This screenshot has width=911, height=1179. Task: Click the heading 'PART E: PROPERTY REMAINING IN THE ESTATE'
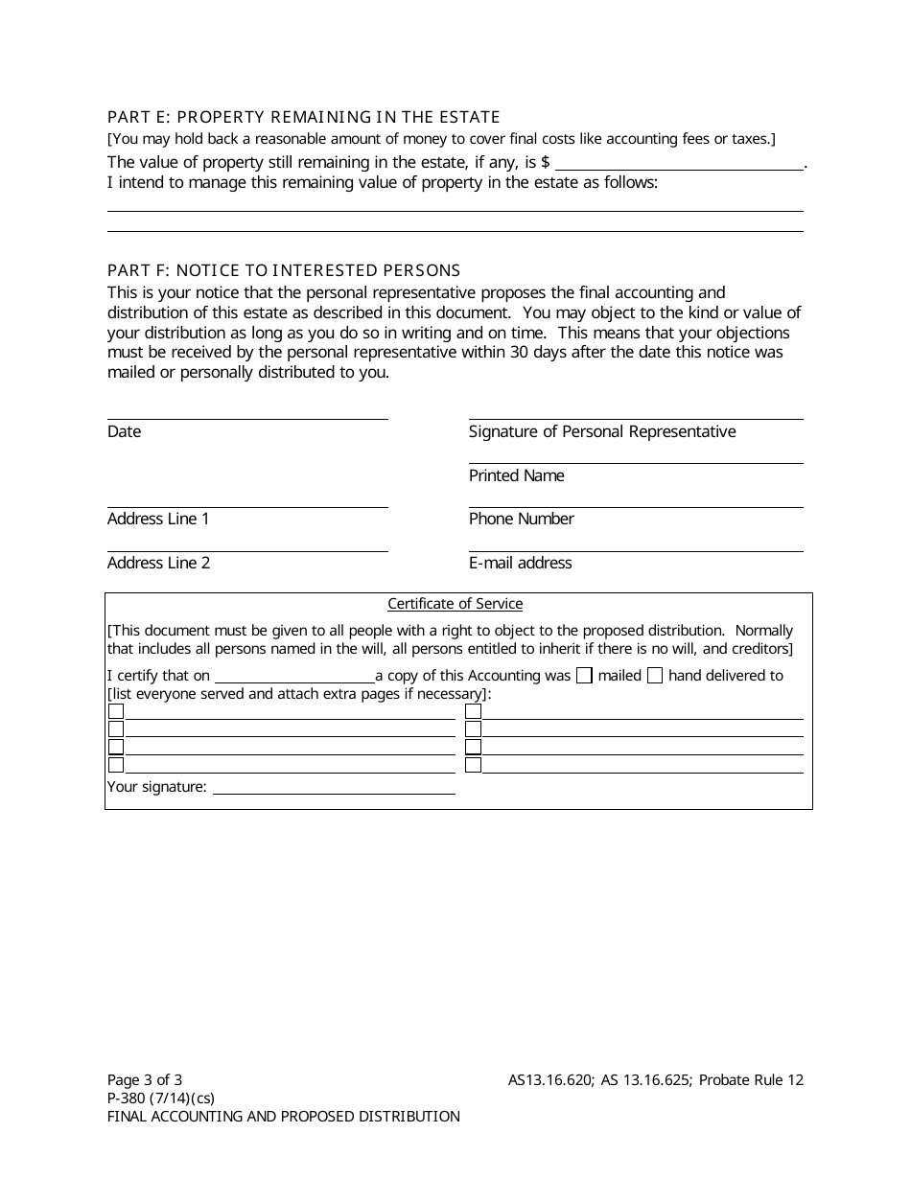[x=303, y=118]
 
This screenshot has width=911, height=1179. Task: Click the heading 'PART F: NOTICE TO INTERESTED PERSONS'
[x=284, y=270]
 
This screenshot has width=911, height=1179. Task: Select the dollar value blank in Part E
[x=679, y=162]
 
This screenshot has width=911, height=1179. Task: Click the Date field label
[x=124, y=432]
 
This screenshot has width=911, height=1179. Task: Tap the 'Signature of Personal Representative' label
[x=602, y=432]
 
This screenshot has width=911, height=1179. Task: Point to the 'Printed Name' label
[x=516, y=476]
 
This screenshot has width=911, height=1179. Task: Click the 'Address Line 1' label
[x=158, y=520]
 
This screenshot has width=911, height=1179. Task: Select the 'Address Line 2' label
[x=158, y=564]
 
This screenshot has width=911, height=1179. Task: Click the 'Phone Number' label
[x=521, y=520]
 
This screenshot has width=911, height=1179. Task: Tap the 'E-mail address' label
[x=520, y=564]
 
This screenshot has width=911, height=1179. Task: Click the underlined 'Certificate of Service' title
[x=455, y=604]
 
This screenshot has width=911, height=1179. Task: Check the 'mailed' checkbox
[x=584, y=676]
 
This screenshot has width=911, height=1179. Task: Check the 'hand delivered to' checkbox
[x=655, y=676]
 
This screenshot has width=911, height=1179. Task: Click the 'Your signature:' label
[x=156, y=787]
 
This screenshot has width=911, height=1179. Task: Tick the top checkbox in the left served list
[x=116, y=711]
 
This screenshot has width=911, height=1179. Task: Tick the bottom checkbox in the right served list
[x=473, y=765]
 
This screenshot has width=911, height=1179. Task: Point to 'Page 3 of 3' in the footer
[x=145, y=1080]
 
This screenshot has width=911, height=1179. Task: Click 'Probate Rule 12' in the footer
[x=751, y=1080]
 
